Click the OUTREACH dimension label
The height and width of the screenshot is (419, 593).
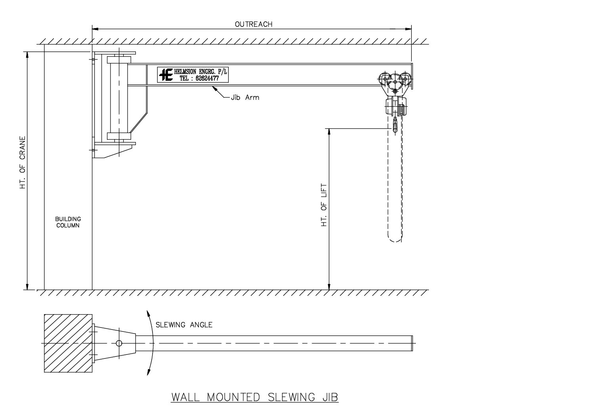(254, 24)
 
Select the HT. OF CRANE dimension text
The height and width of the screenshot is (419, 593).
(23, 162)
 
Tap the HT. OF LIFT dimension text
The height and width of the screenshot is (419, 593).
(324, 204)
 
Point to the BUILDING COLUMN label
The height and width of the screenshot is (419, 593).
(68, 222)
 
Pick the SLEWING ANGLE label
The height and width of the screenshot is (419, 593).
(184, 325)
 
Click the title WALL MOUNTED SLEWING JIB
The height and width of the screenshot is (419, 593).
(255, 397)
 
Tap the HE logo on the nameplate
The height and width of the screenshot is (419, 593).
(166, 74)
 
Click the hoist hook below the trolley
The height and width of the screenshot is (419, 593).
(395, 126)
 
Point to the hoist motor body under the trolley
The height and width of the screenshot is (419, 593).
(395, 107)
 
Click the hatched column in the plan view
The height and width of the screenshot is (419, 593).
(68, 343)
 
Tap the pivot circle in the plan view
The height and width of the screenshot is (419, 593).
(119, 343)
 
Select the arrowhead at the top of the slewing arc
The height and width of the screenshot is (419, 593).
(149, 313)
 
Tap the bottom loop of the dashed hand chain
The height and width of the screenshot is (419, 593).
(395, 239)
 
